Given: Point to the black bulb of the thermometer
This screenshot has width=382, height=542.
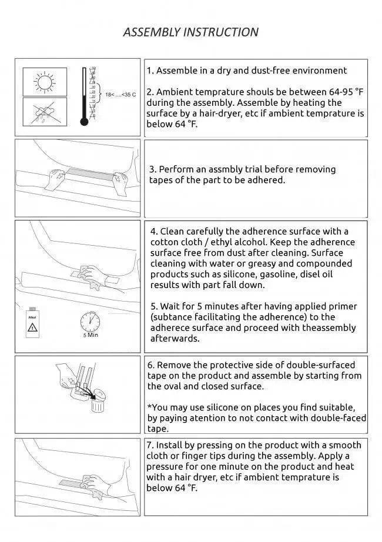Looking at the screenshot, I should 84,122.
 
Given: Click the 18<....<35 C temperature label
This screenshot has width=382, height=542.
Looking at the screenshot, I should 120,94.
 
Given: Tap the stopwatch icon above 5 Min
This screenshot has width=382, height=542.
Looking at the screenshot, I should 90,322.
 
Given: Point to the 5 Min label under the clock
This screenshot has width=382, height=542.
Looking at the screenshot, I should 90,336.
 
